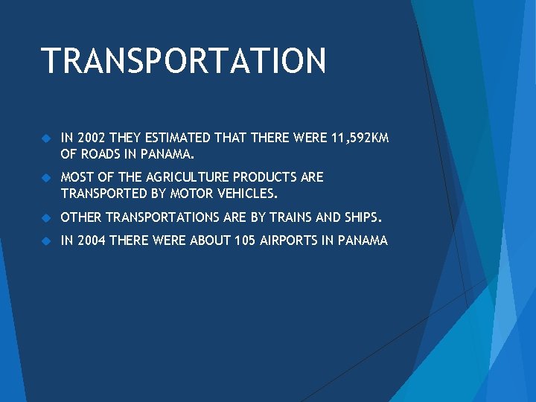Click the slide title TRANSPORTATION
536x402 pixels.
click(183, 61)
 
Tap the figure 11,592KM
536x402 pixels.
click(360, 138)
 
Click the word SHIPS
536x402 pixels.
click(363, 218)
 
